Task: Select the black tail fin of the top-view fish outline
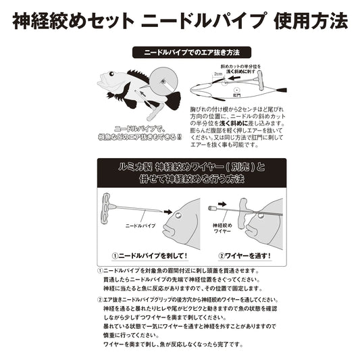point(278,88)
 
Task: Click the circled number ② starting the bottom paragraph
point(100,299)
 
